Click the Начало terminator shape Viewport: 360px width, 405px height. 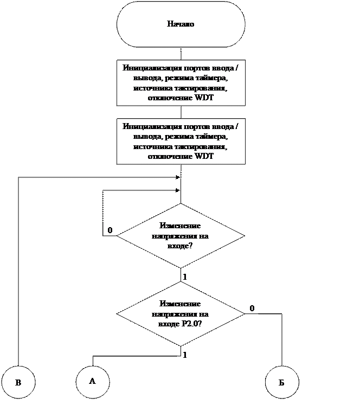(x=181, y=24)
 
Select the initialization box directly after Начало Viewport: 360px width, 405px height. (x=181, y=82)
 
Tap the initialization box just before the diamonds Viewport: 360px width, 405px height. (x=181, y=140)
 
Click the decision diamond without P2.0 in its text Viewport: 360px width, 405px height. (x=181, y=236)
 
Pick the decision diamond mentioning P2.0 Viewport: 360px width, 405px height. (x=181, y=313)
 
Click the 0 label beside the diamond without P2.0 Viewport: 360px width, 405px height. (x=110, y=230)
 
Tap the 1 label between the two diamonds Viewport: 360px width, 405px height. (x=185, y=277)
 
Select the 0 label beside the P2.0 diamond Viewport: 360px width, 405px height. (x=252, y=308)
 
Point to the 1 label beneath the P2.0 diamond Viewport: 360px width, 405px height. (x=185, y=355)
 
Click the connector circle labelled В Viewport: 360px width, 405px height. (x=18, y=382)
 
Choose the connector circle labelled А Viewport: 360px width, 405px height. (x=92, y=381)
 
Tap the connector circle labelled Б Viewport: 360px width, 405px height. (x=281, y=382)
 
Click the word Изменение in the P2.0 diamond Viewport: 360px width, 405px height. (x=181, y=304)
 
